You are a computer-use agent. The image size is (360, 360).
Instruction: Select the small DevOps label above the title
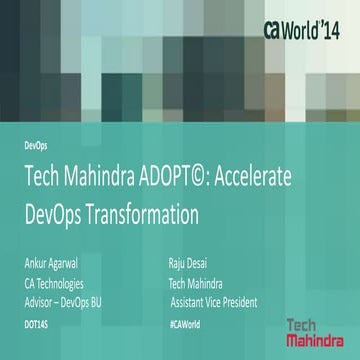click(35, 145)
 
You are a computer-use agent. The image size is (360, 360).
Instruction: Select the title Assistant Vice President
click(214, 301)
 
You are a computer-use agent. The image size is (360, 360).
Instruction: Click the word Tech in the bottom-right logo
click(302, 325)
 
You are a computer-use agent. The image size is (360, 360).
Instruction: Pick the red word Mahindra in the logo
click(312, 341)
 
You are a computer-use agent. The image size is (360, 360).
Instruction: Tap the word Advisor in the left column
click(40, 301)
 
